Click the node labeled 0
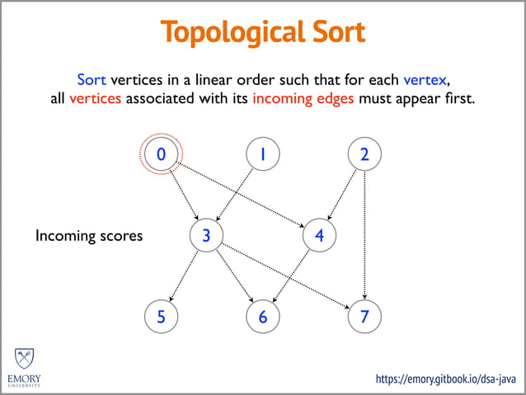161,154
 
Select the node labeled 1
263,154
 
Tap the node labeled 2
364,154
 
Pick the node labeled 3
206,235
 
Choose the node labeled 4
319,235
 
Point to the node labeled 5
161,317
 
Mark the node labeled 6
263,317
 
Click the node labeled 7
364,317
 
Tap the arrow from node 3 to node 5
184,276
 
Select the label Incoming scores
89,236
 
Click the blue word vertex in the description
425,80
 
